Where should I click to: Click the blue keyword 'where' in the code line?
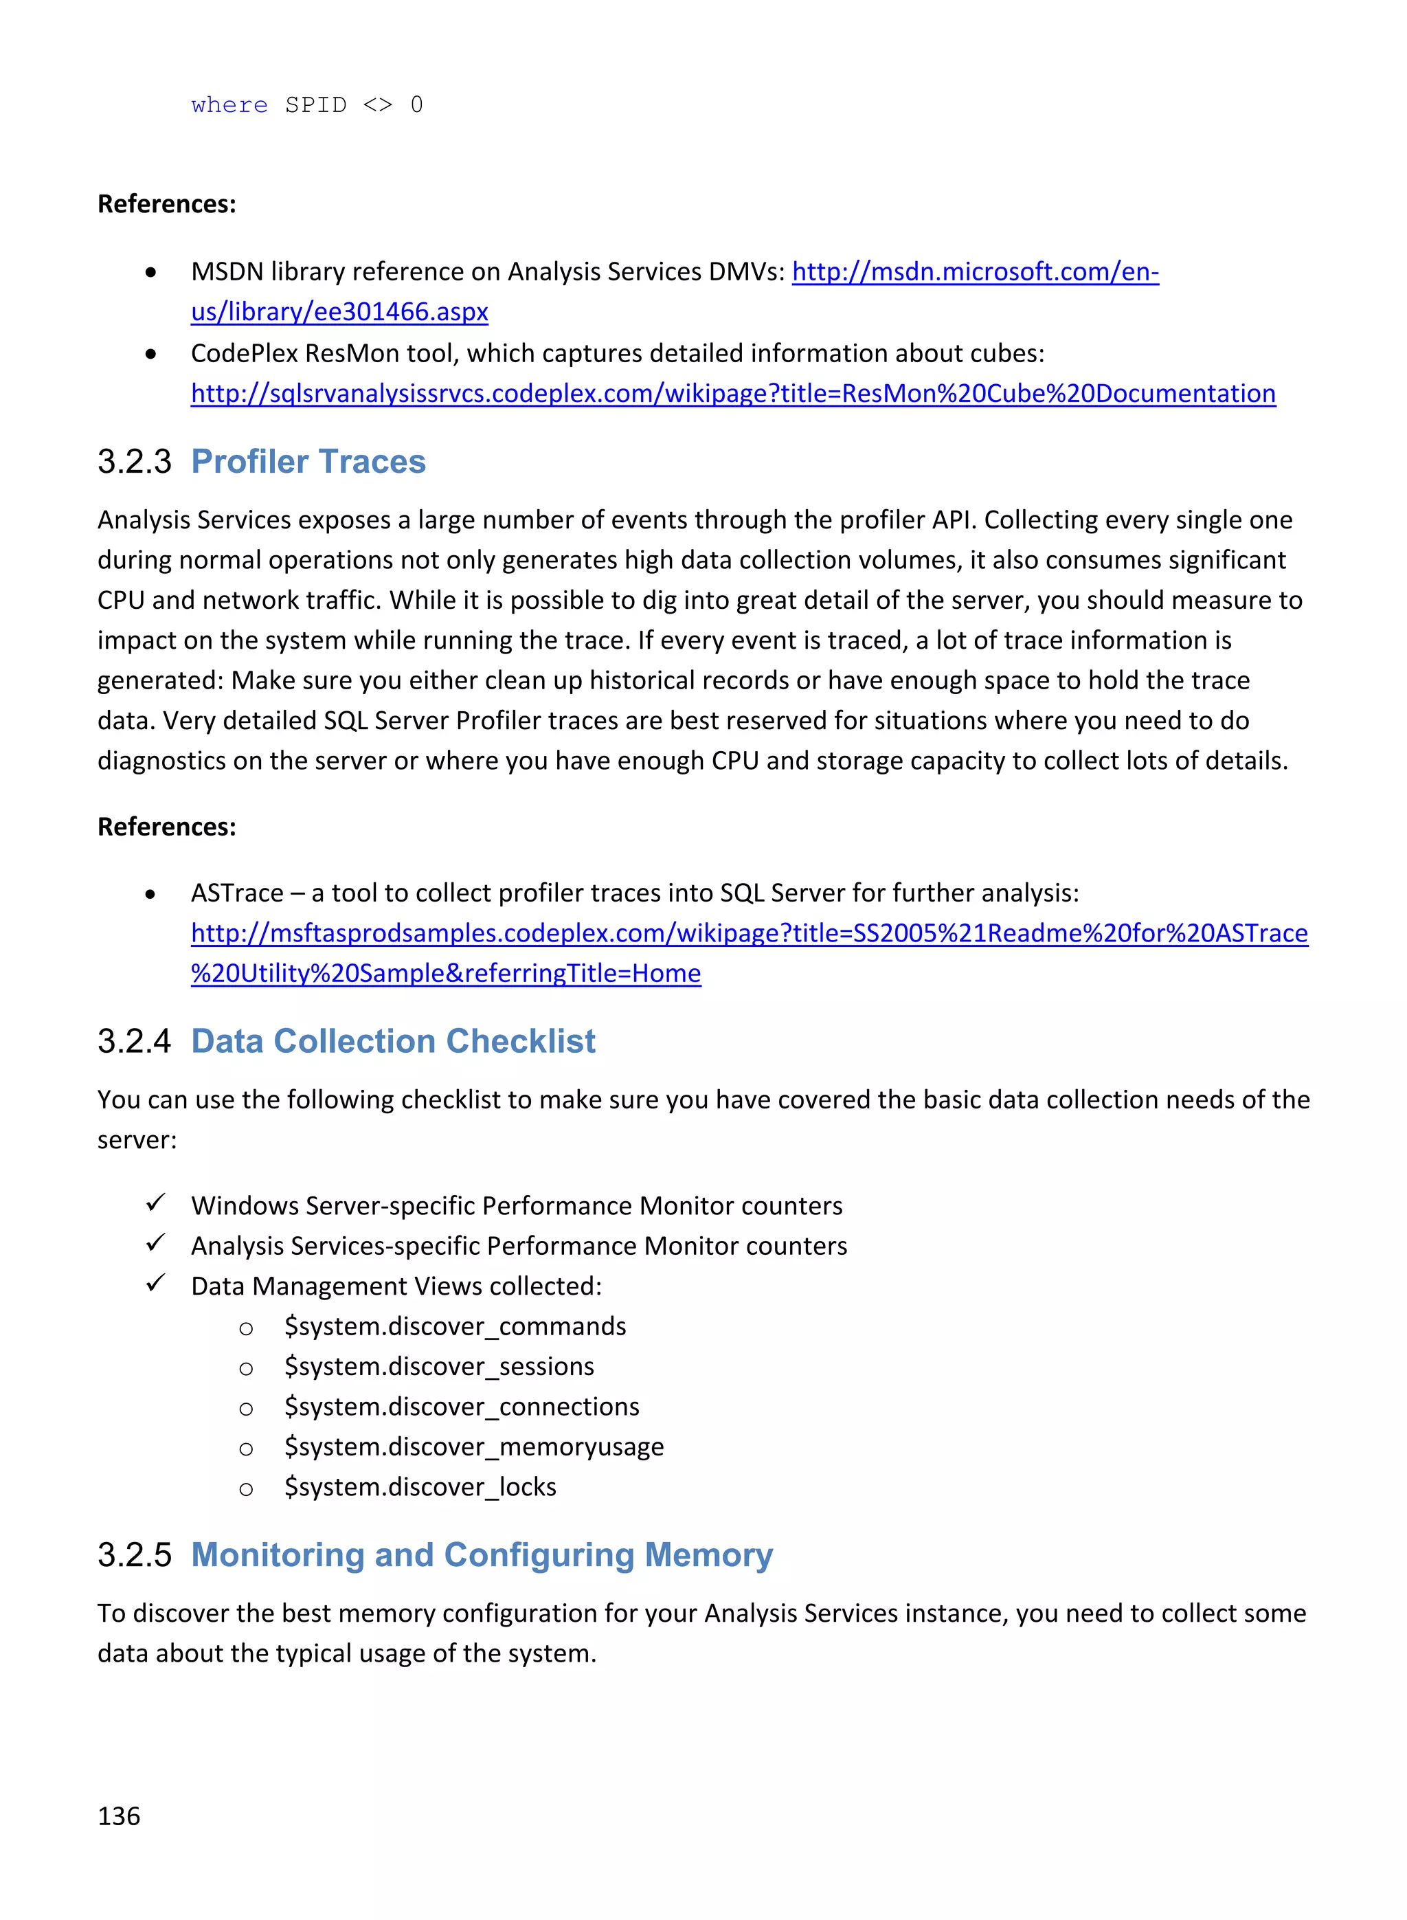[229, 104]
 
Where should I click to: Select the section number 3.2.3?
[134, 462]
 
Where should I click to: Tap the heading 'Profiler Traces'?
[308, 462]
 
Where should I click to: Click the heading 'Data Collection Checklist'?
[393, 1041]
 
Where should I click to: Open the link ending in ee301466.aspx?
[339, 312]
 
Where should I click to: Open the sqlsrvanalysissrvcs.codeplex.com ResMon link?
[732, 394]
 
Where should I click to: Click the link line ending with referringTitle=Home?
[445, 973]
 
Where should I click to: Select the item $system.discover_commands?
[455, 1326]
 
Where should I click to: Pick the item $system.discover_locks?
[420, 1486]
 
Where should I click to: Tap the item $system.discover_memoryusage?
[473, 1447]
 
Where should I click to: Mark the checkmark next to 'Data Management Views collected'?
[155, 1283]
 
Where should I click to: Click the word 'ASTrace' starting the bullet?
[237, 893]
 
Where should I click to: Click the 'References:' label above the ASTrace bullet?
[166, 826]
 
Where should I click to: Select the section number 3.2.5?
[134, 1554]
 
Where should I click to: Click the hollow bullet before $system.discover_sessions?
[246, 1369]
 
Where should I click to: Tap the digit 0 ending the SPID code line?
[416, 104]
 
